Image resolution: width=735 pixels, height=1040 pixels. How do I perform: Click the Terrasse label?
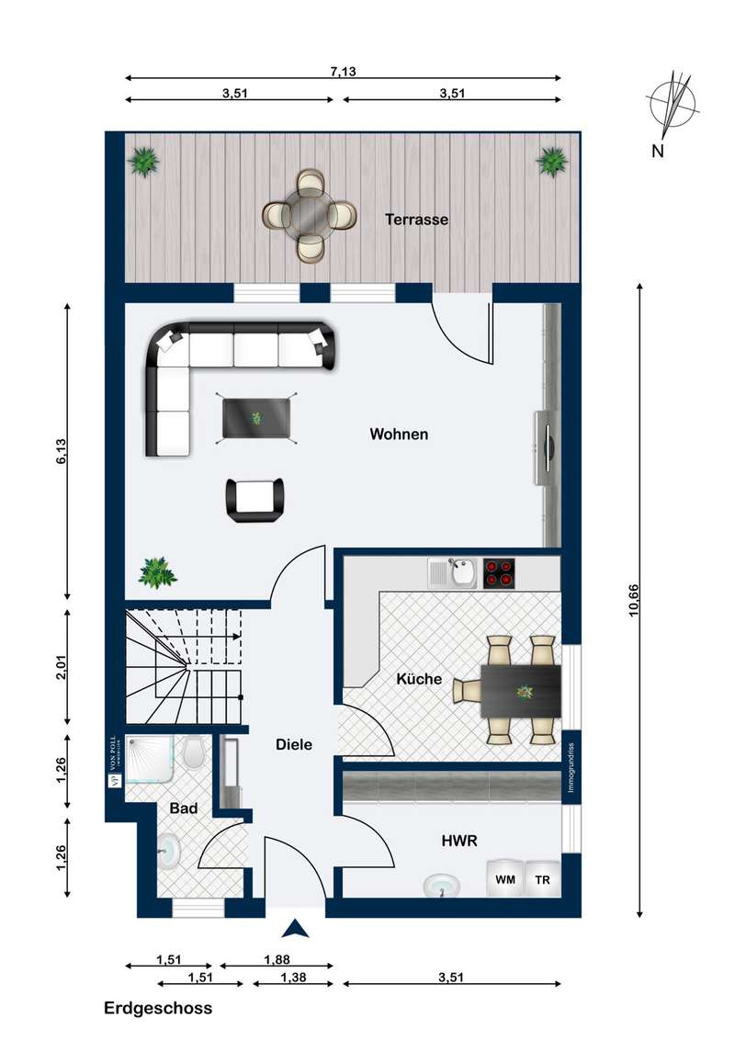tap(416, 220)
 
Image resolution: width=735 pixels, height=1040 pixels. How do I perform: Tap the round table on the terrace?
tap(310, 215)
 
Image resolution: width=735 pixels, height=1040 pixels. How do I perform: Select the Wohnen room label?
tap(399, 435)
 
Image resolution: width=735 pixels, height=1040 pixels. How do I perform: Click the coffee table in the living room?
tap(256, 418)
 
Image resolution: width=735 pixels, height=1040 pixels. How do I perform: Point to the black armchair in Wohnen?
tap(254, 500)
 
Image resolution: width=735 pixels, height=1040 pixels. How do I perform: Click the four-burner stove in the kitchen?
tap(499, 573)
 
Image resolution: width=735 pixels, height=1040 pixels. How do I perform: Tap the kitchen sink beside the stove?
tap(452, 573)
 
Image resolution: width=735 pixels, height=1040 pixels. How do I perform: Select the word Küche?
tap(419, 679)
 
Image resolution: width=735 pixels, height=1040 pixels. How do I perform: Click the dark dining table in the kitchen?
tap(521, 691)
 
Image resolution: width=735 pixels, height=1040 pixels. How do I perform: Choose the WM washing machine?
tap(505, 879)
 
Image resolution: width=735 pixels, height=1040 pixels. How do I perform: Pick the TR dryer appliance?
tap(543, 879)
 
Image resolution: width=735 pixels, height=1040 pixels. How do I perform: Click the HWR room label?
tap(459, 841)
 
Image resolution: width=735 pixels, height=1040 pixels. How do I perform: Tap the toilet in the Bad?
tap(194, 752)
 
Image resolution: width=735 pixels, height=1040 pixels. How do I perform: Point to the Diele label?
tap(294, 745)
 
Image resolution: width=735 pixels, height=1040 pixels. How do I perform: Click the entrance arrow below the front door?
tap(295, 929)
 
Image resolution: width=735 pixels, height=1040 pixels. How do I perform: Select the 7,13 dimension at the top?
tap(343, 72)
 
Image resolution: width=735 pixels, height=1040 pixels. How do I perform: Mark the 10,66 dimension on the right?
tap(634, 600)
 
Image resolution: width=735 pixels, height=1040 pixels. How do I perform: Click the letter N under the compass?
tap(658, 152)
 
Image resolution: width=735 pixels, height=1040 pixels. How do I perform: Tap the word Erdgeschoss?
tap(158, 1009)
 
